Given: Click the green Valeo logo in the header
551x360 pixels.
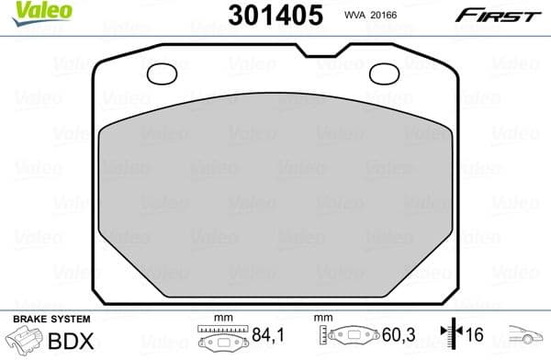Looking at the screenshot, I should click(x=25, y=12).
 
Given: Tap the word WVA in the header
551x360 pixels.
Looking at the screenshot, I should click(x=355, y=16).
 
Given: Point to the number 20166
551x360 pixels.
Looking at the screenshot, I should click(x=390, y=16).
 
